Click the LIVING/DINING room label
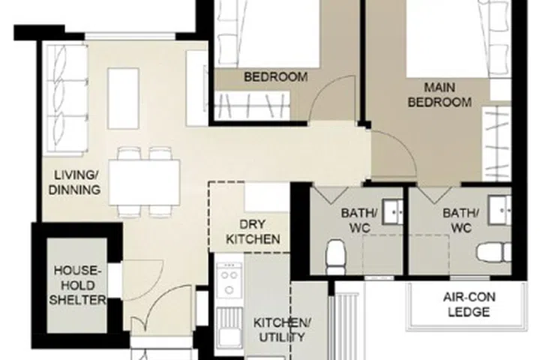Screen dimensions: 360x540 click(75, 182)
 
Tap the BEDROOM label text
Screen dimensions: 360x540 click(276, 76)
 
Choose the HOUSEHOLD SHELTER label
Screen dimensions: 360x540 click(75, 285)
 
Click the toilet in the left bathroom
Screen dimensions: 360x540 click(334, 256)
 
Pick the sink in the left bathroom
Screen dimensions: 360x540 click(392, 212)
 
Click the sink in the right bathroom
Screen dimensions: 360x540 click(499, 209)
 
